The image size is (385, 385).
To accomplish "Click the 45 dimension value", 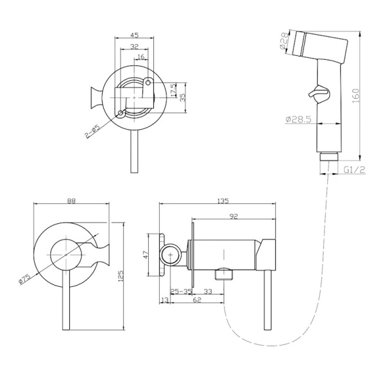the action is [x=134, y=35].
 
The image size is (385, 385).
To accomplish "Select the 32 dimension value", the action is [x=134, y=47].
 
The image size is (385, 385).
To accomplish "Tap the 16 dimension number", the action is [x=141, y=57].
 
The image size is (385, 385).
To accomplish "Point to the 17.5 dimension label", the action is [x=173, y=90].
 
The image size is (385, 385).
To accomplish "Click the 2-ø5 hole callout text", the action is [x=92, y=132].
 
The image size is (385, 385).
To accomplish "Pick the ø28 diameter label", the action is [x=284, y=41].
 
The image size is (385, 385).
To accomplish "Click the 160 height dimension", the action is [x=356, y=96].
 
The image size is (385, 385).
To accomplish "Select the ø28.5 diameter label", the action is [x=298, y=119].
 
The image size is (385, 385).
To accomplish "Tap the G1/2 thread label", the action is [x=354, y=169].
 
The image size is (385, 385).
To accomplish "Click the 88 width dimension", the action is [x=71, y=201].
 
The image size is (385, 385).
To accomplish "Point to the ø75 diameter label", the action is [x=24, y=279].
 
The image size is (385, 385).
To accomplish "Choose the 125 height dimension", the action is [x=121, y=276].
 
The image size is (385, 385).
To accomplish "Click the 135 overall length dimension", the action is [x=223, y=201].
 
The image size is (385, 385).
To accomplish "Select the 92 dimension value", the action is [x=234, y=216].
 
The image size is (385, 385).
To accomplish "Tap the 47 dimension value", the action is [x=146, y=255].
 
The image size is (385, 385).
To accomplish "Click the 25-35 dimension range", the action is [x=181, y=291].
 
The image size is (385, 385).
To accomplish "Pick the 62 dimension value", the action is [x=197, y=300].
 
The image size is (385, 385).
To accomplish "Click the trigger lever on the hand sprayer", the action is [x=318, y=94].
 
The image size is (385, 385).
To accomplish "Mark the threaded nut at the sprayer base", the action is [x=329, y=157].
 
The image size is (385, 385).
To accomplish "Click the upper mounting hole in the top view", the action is [x=148, y=83].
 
